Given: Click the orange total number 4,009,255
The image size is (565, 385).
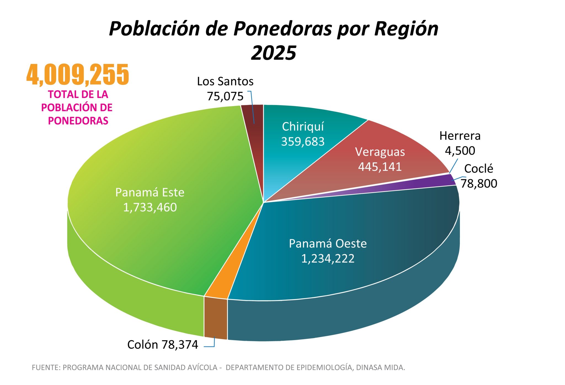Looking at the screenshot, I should click(x=78, y=74).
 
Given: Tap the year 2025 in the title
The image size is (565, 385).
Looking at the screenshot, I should click(x=273, y=53).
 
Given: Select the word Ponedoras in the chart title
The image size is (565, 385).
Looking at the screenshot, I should click(x=283, y=29).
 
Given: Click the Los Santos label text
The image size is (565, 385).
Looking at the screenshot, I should click(x=225, y=81).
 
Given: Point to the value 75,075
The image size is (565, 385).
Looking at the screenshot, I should click(x=225, y=96).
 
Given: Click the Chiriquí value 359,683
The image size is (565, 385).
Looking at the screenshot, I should click(x=303, y=141).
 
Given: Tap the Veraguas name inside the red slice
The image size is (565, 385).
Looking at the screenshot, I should click(x=380, y=152).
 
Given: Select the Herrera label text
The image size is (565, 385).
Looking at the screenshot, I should click(x=460, y=136).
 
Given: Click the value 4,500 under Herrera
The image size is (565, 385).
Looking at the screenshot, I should click(x=460, y=151).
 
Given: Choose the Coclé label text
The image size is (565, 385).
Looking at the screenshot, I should click(x=478, y=169).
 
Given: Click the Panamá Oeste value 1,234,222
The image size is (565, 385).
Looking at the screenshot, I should click(x=328, y=258).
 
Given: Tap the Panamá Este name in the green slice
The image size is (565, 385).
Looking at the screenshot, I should click(x=150, y=192).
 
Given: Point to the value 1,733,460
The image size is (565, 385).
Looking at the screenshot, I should click(x=150, y=207).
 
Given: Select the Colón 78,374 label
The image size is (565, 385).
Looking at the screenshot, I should click(x=162, y=345).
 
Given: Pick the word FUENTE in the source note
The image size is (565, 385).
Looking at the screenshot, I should click(x=46, y=368).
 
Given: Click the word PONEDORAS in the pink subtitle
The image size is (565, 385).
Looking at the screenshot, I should click(x=78, y=121).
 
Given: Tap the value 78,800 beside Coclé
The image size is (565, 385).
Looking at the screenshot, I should click(x=479, y=183).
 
